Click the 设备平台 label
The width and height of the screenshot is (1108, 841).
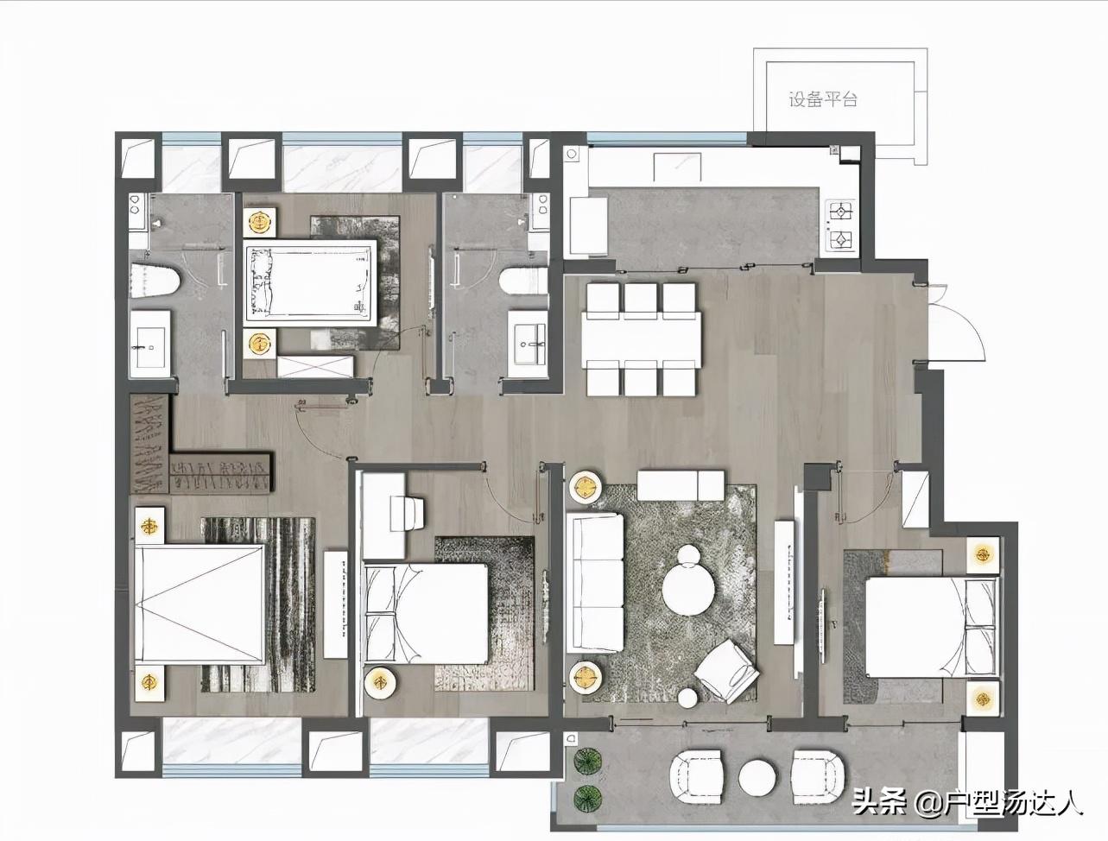coord(822,99)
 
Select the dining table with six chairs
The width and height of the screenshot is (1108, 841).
coord(643,340)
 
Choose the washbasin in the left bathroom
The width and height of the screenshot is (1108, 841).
coord(150,345)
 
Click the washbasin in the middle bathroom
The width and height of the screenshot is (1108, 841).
coord(528,345)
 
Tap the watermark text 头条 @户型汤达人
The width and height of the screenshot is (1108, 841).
coord(967,802)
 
